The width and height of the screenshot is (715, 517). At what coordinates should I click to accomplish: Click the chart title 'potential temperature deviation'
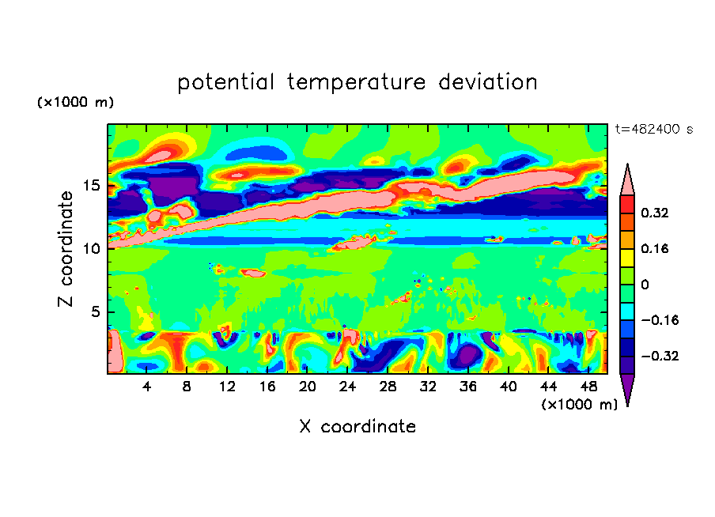point(357,82)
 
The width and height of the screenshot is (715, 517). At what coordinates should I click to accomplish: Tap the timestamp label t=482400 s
point(653,129)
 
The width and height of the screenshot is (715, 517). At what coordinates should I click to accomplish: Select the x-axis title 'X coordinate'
point(357,427)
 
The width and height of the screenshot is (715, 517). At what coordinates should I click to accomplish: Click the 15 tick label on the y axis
point(93,186)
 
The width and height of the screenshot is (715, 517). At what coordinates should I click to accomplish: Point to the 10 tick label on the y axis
point(93,248)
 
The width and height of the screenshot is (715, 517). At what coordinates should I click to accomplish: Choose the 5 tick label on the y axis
point(96,311)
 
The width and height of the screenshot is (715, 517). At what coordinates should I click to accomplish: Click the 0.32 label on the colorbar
point(655,213)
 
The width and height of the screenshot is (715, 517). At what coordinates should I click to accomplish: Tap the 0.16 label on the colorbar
point(655,248)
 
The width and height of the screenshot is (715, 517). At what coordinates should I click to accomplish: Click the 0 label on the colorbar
point(644,285)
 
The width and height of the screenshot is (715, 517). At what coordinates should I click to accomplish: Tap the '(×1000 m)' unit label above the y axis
point(76,103)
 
